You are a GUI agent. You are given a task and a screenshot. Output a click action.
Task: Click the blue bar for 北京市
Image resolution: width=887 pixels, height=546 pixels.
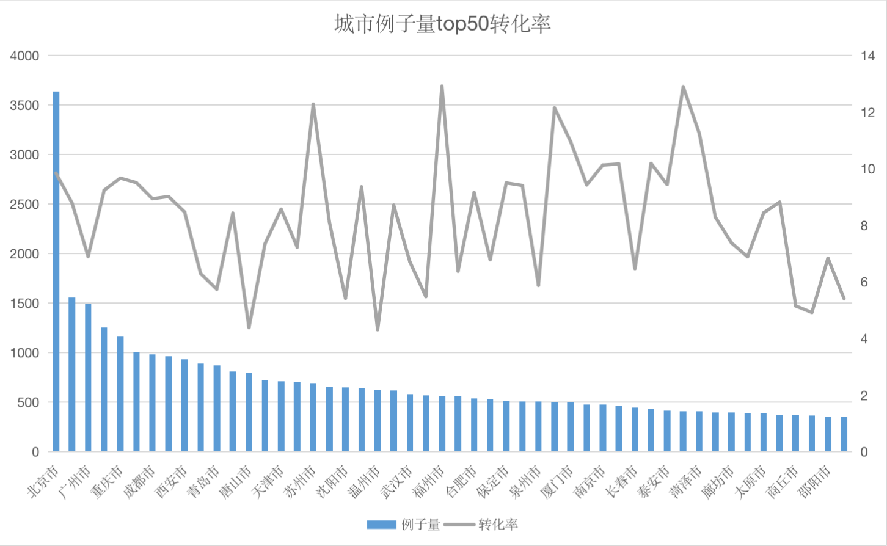[56, 272]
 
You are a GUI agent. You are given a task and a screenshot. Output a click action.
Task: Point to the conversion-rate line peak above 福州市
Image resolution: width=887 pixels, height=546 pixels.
[442, 87]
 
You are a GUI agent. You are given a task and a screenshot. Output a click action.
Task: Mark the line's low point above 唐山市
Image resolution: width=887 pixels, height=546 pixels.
[249, 327]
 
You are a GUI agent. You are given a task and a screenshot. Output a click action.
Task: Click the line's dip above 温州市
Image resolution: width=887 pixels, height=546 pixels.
[378, 330]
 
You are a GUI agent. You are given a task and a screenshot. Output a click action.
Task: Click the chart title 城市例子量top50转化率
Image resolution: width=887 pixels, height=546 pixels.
[443, 24]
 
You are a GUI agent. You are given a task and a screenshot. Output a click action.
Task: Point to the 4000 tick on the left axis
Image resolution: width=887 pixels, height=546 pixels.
[24, 56]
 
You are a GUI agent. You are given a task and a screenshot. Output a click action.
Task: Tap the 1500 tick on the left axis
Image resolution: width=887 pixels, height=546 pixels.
[24, 304]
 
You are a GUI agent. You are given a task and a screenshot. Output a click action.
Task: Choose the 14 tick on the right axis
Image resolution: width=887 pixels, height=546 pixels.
[867, 56]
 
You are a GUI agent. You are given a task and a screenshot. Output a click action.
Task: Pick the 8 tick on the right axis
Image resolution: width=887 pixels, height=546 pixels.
[864, 226]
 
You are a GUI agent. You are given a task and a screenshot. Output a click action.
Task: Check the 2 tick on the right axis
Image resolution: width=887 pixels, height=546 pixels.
[864, 396]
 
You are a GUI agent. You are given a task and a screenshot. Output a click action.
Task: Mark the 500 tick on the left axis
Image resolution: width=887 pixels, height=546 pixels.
[28, 402]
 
